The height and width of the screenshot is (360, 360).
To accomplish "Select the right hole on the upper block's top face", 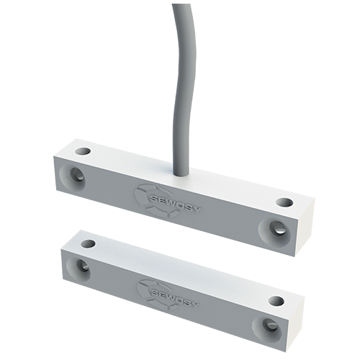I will click(x=285, y=203).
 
